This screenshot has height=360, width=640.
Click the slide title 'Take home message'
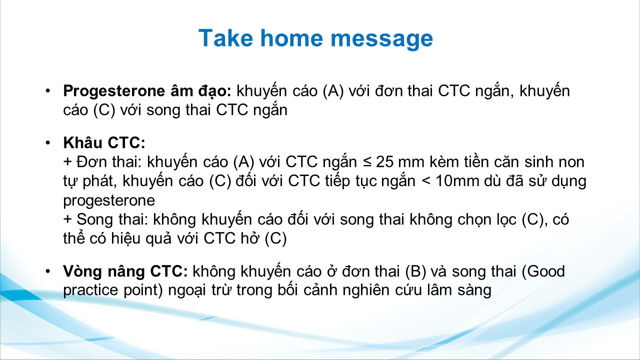[x=315, y=38]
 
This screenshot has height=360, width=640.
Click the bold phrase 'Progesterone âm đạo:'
[x=147, y=91]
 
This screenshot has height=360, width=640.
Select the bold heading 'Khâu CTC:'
[x=104, y=142]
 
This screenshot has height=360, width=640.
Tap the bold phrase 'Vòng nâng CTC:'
[x=125, y=271]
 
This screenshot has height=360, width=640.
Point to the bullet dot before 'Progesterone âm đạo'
[x=47, y=91]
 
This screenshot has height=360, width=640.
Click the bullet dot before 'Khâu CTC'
[x=47, y=142]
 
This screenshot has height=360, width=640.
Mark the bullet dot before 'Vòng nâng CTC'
[x=47, y=271]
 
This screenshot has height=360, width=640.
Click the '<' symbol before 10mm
[x=425, y=181]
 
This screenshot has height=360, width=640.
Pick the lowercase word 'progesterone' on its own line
[x=109, y=201]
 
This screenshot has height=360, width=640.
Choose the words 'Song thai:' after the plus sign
[x=112, y=219]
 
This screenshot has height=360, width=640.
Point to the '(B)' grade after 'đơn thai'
[x=415, y=271]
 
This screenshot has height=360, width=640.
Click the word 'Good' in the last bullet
[x=546, y=271]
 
